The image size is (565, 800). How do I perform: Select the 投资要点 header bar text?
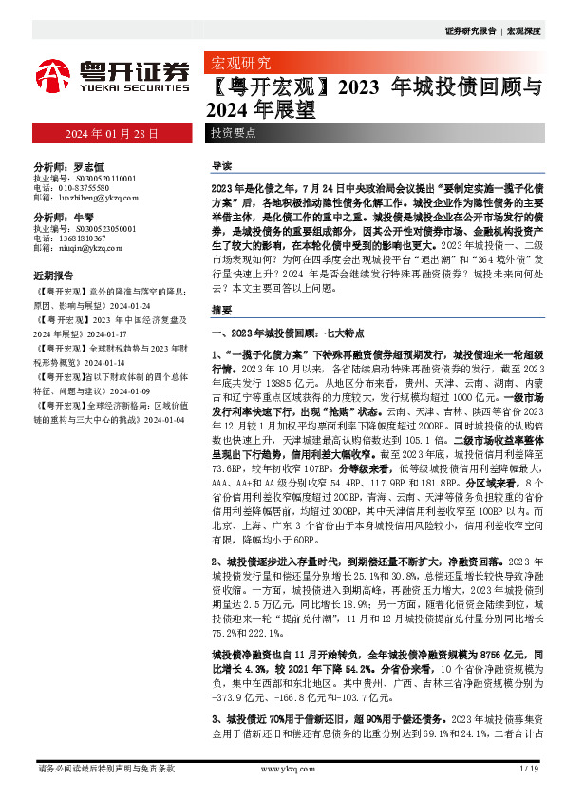[x=233, y=133]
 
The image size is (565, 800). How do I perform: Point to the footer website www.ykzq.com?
[x=281, y=769]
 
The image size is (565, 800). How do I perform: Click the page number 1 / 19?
[x=530, y=769]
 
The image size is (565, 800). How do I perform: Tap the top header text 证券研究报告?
[x=471, y=31]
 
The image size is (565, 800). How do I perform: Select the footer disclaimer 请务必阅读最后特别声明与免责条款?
[x=105, y=769]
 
